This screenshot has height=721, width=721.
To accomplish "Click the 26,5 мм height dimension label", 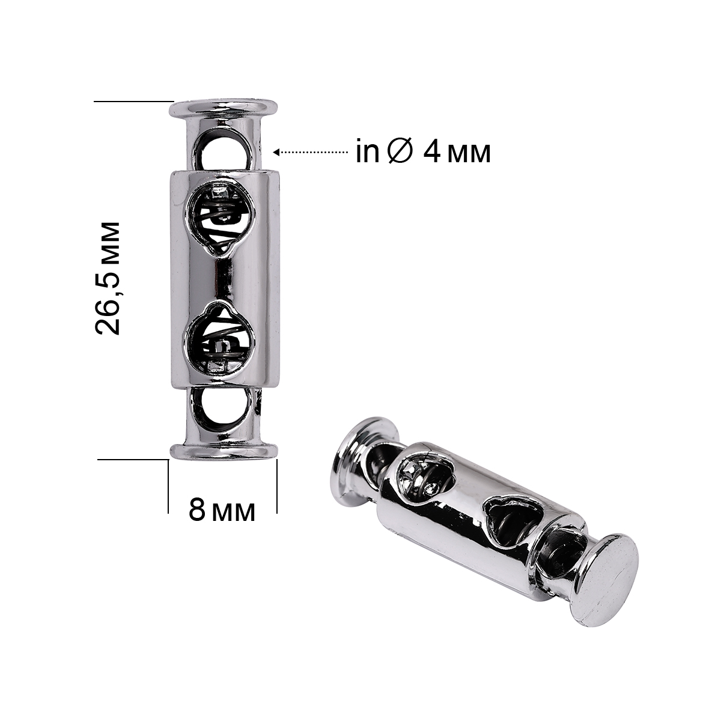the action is pyautogui.click(x=108, y=278).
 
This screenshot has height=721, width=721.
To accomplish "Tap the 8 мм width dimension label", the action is pyautogui.click(x=222, y=510).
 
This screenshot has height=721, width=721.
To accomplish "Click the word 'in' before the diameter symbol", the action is pyautogui.click(x=368, y=152).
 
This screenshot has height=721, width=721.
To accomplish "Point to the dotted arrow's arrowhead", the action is pyautogui.click(x=276, y=152).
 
